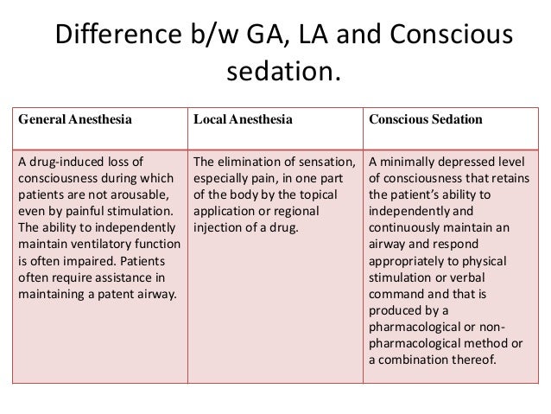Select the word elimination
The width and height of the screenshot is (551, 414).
point(254,161)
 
